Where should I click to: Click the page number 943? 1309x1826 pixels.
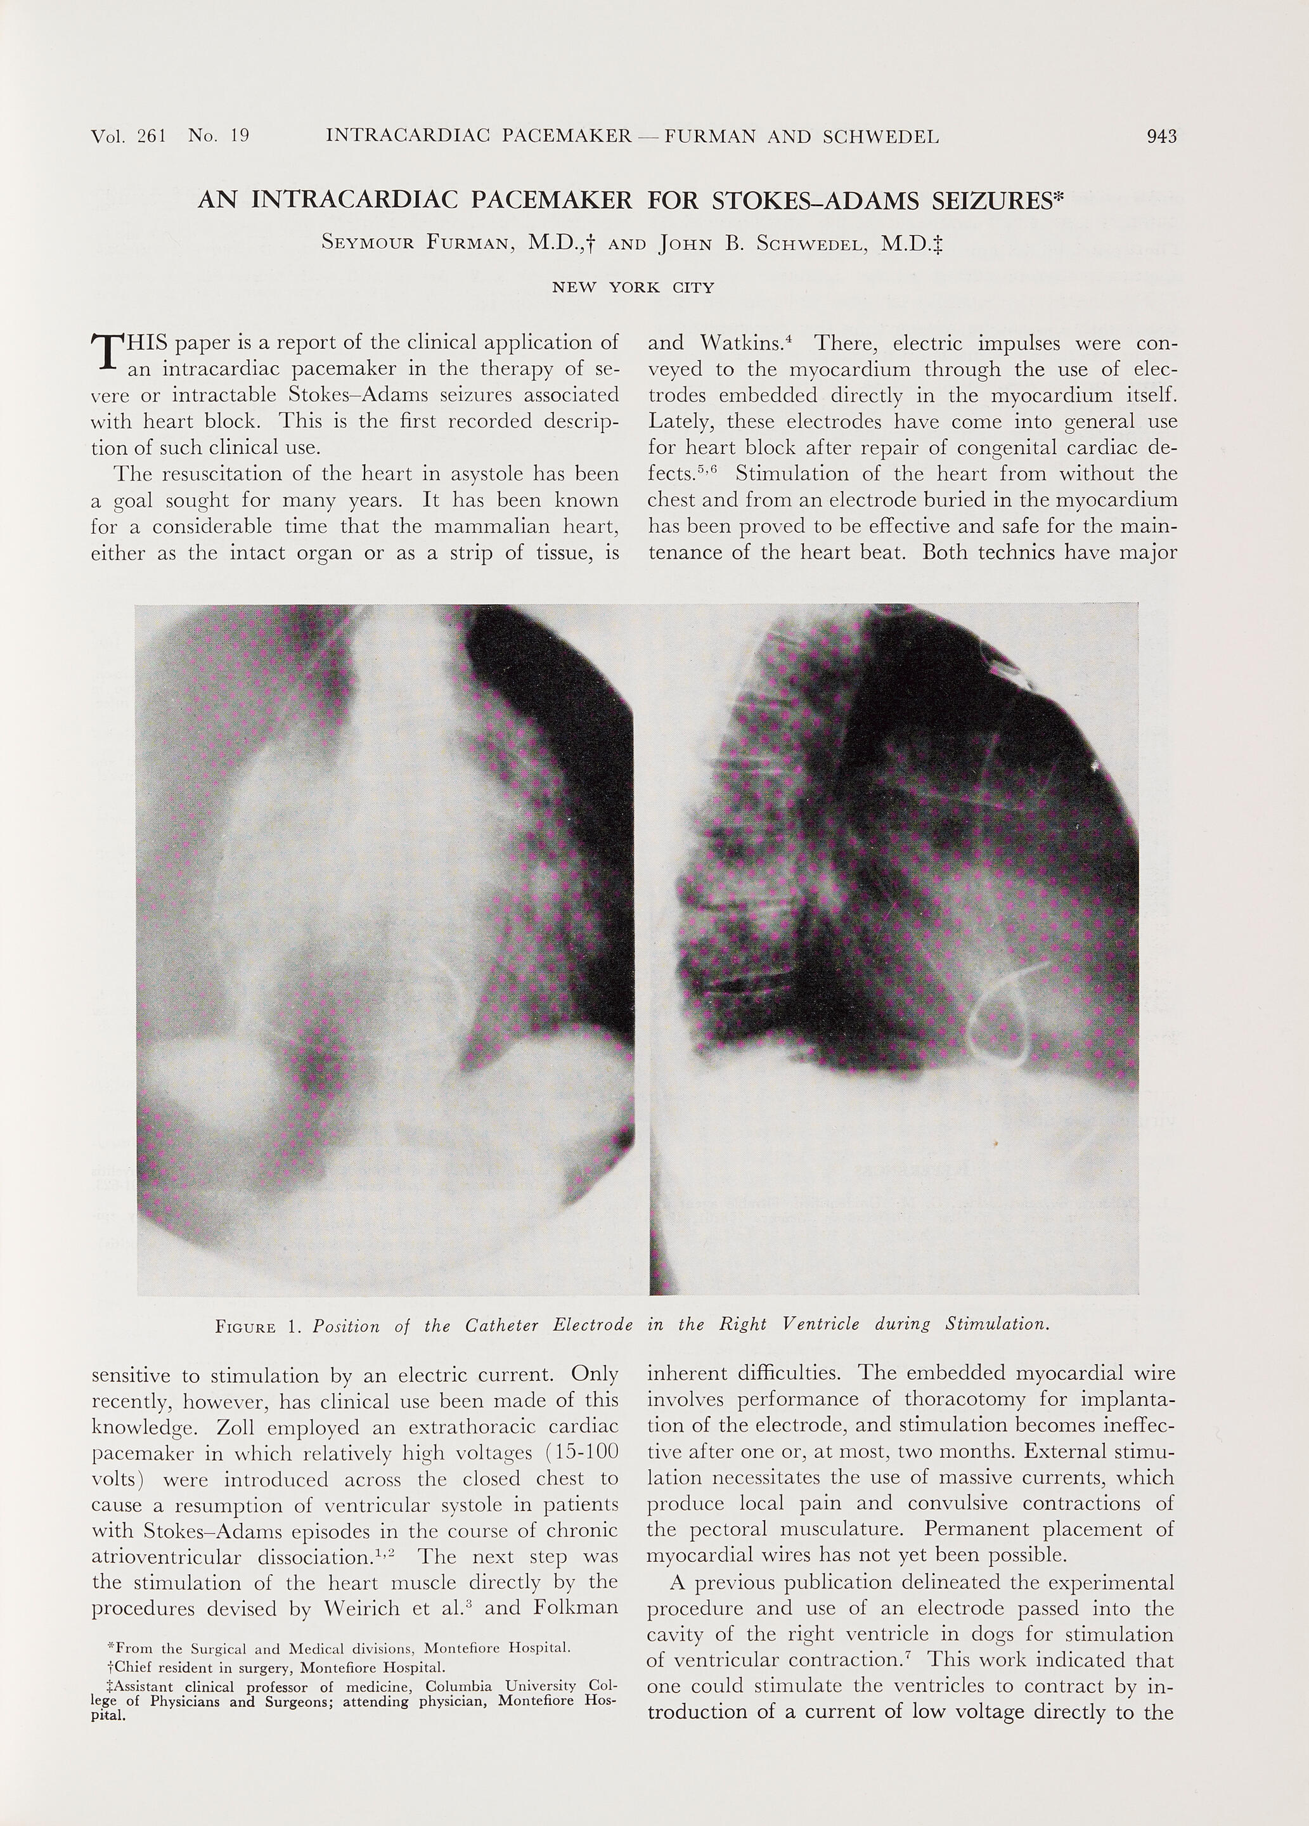1161,137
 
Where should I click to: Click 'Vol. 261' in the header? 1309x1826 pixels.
129,137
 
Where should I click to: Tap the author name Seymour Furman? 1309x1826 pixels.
417,242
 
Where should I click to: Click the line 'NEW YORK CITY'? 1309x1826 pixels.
633,287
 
